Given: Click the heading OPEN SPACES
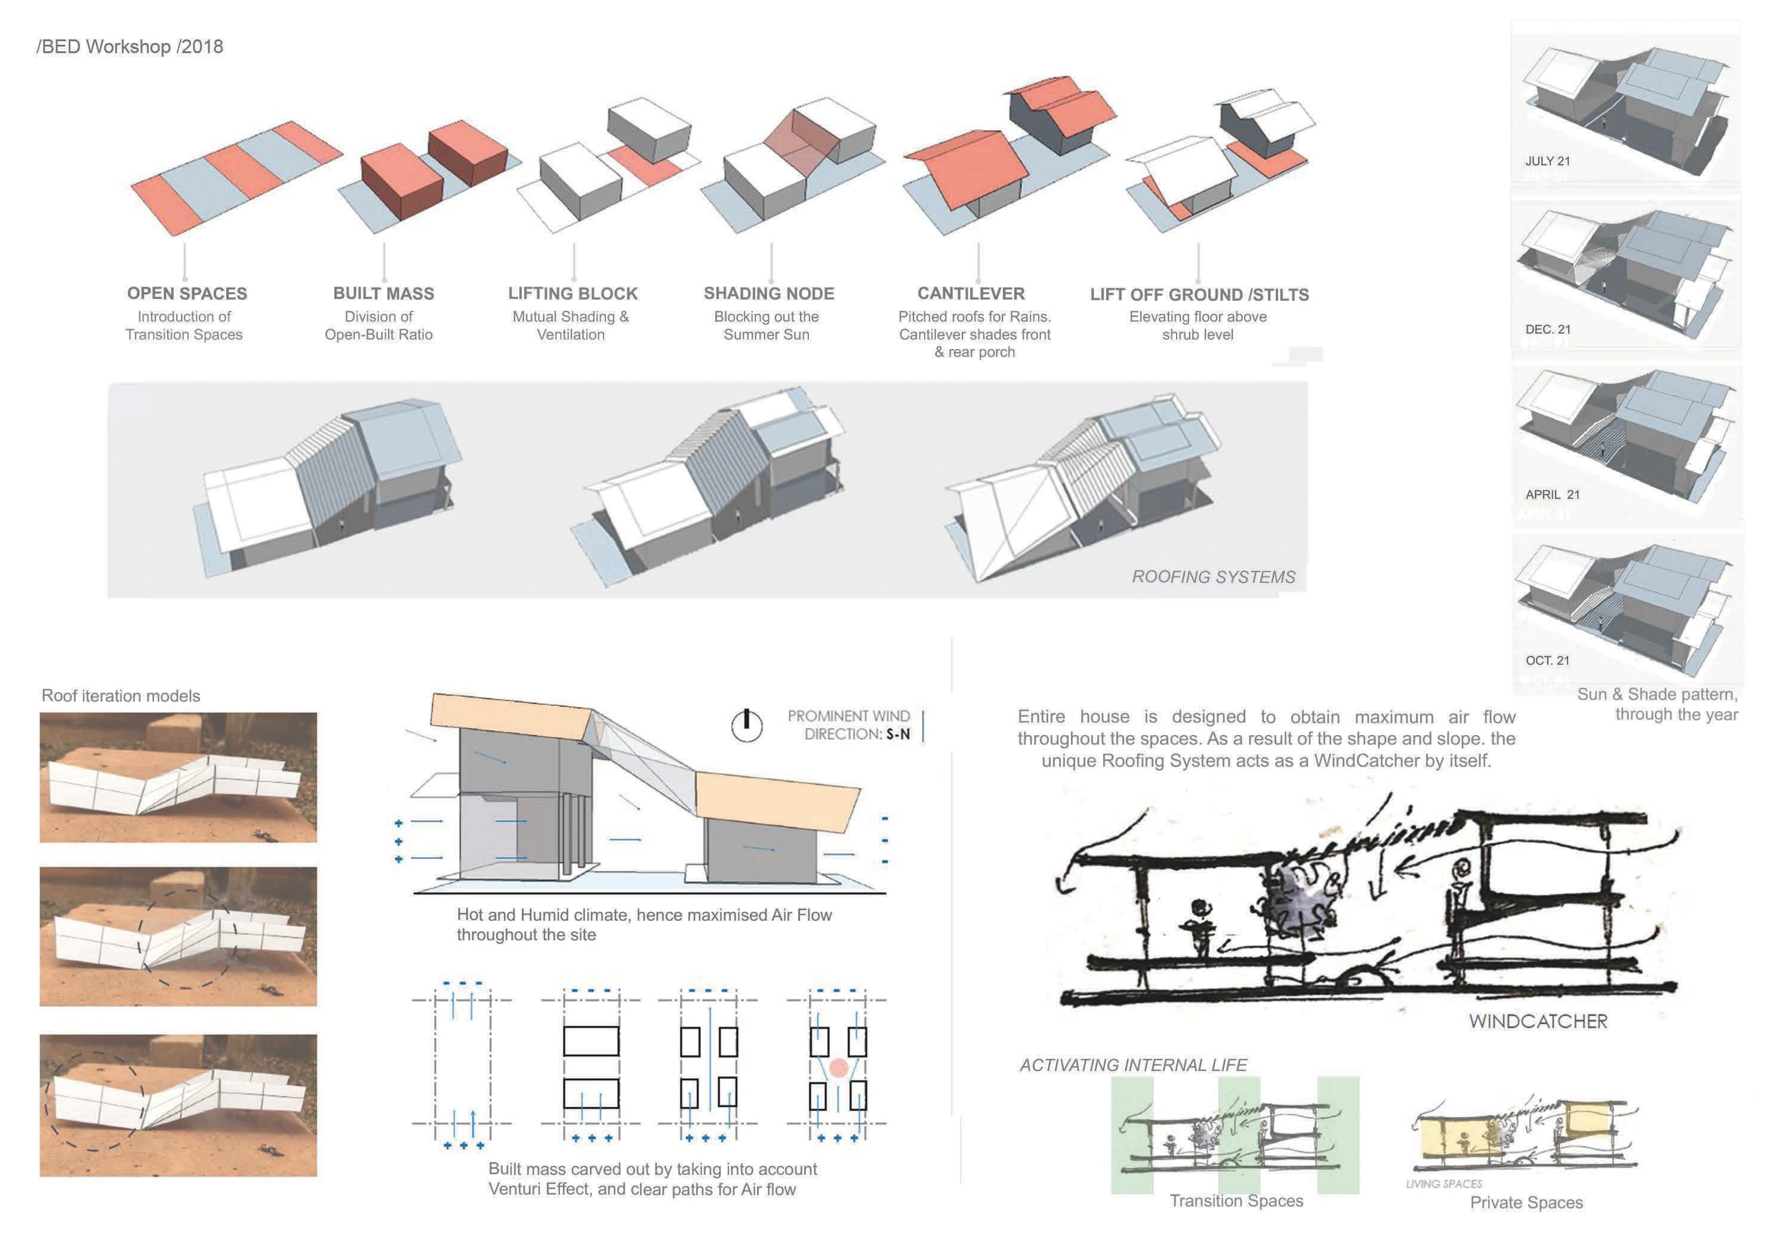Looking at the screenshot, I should tap(187, 294).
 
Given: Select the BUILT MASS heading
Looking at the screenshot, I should tap(383, 294).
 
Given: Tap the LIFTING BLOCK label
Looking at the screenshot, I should tap(572, 294).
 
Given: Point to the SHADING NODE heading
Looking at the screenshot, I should tap(768, 294).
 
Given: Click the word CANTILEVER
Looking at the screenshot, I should tap(971, 294).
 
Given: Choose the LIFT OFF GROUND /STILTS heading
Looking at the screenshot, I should tap(1199, 295).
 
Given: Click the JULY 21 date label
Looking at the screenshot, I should tap(1547, 161).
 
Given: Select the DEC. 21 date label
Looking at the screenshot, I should tap(1547, 329).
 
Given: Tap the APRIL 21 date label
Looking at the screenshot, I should tap(1552, 495).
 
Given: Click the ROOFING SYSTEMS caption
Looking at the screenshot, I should tap(1213, 578).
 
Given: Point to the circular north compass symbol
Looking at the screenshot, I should tap(747, 726).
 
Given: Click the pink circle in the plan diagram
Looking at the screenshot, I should tap(839, 1067).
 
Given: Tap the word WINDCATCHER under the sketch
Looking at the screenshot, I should tap(1537, 1021).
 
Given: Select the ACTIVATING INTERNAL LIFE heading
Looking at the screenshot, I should tap(1133, 1066).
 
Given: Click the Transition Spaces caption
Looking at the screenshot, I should tap(1236, 1201).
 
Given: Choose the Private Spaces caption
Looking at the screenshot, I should tap(1526, 1203).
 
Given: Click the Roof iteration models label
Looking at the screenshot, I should tap(121, 696).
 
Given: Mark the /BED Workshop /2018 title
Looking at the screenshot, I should tap(130, 47).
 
